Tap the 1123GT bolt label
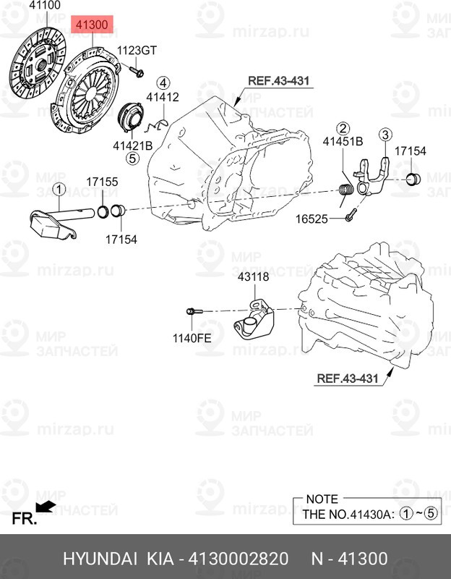point(137,50)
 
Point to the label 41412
point(161,96)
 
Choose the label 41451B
point(343,142)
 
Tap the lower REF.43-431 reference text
point(347,378)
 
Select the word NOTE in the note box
point(322,499)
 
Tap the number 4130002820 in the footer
point(239,559)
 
